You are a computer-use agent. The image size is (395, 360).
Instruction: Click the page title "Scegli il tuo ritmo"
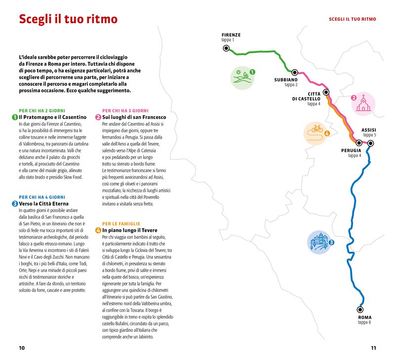coord(68,20)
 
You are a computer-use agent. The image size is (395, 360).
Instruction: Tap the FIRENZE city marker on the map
coord(226,48)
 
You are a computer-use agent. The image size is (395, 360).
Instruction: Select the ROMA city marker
coord(359,310)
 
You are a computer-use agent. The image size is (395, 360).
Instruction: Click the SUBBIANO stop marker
coord(295,72)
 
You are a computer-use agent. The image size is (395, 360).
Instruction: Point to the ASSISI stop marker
coord(370,144)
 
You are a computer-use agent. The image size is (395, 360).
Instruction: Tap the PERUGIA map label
coord(351,150)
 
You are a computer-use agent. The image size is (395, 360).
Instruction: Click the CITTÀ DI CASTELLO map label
coord(308,96)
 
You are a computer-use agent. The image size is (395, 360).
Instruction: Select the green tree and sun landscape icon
coord(242,77)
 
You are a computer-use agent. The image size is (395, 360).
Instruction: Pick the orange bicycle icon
coord(316,131)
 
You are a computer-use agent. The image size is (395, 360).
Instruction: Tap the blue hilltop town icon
coord(318,242)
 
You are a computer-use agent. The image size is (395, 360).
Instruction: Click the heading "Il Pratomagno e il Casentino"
coord(52,117)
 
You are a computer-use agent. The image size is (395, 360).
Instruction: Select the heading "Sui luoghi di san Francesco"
coord(134,117)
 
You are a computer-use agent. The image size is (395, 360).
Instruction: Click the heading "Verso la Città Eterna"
coord(43,203)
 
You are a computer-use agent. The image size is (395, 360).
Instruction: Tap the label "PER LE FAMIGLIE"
coord(121,223)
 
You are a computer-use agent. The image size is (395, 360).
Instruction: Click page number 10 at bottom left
coord(22,348)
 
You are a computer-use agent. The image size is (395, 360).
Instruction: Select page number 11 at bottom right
coord(373,348)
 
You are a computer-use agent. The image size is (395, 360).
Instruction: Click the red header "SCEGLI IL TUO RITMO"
coord(352,19)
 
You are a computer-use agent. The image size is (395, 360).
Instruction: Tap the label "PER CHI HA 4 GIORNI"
coord(42,196)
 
